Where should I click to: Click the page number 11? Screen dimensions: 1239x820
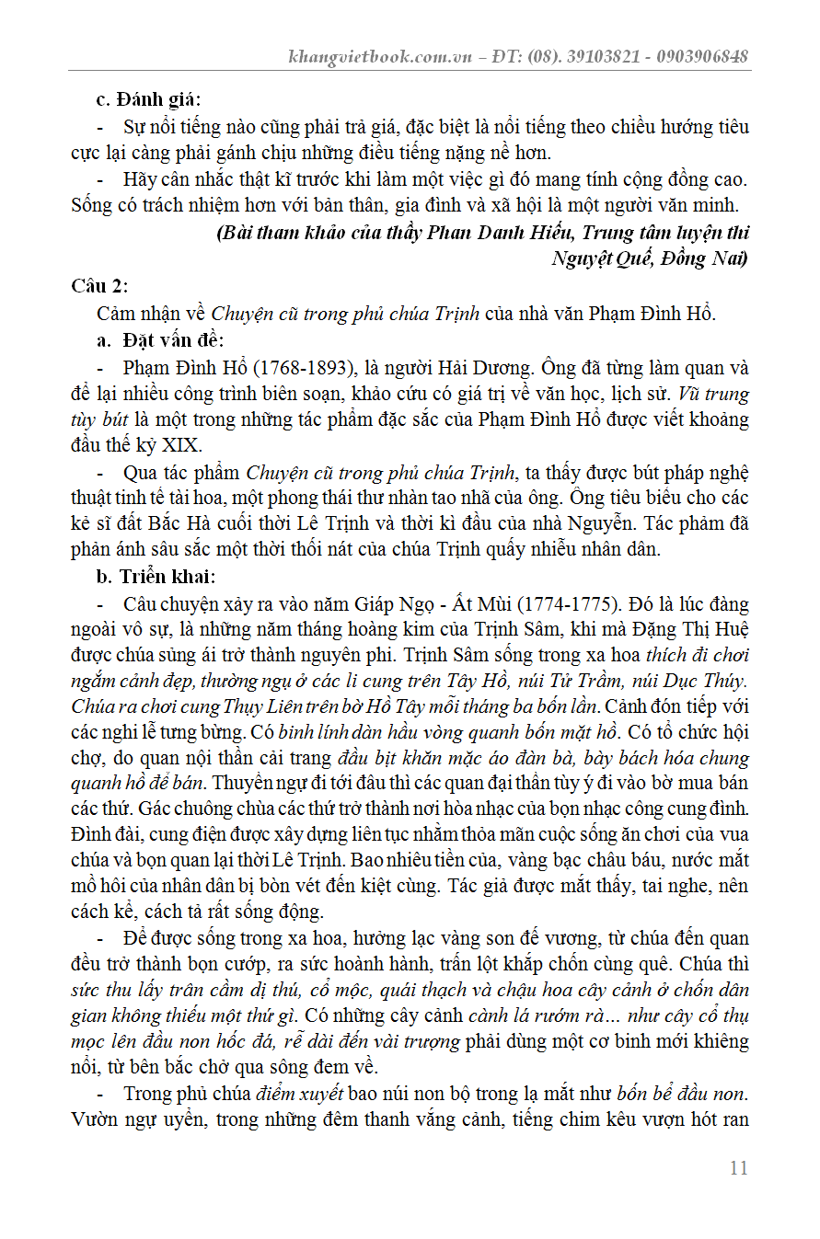click(x=738, y=1168)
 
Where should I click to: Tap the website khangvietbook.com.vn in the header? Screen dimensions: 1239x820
click(x=380, y=56)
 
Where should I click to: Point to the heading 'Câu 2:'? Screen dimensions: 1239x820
click(x=100, y=285)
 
